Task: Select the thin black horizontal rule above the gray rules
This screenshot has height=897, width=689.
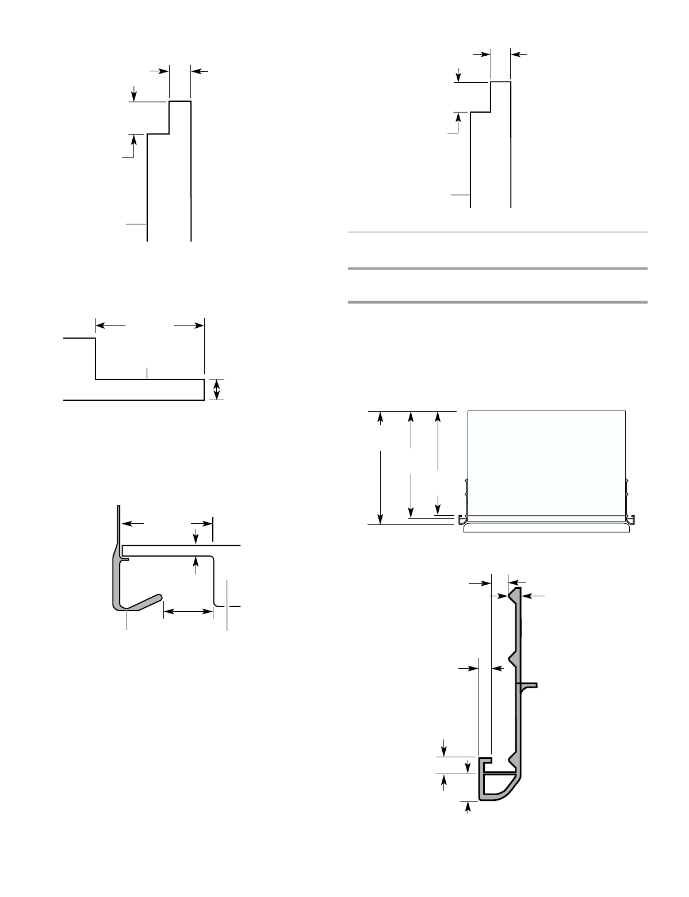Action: [498, 232]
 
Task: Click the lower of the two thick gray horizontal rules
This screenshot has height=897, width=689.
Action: [498, 302]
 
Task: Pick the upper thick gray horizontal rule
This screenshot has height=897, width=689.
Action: [498, 269]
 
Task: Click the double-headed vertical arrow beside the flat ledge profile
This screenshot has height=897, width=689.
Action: [216, 389]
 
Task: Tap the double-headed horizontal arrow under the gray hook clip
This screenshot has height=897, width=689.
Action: [188, 614]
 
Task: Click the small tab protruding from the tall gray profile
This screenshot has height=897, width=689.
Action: [528, 685]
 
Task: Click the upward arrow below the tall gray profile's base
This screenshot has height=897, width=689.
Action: [468, 808]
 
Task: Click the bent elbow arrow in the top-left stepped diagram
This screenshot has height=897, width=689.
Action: [131, 146]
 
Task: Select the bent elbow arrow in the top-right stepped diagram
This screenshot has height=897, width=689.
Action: [456, 123]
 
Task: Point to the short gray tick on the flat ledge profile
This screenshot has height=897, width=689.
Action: [147, 373]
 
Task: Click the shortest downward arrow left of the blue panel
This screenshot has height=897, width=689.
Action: [438, 504]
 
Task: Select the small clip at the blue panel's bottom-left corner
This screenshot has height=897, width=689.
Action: [463, 519]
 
